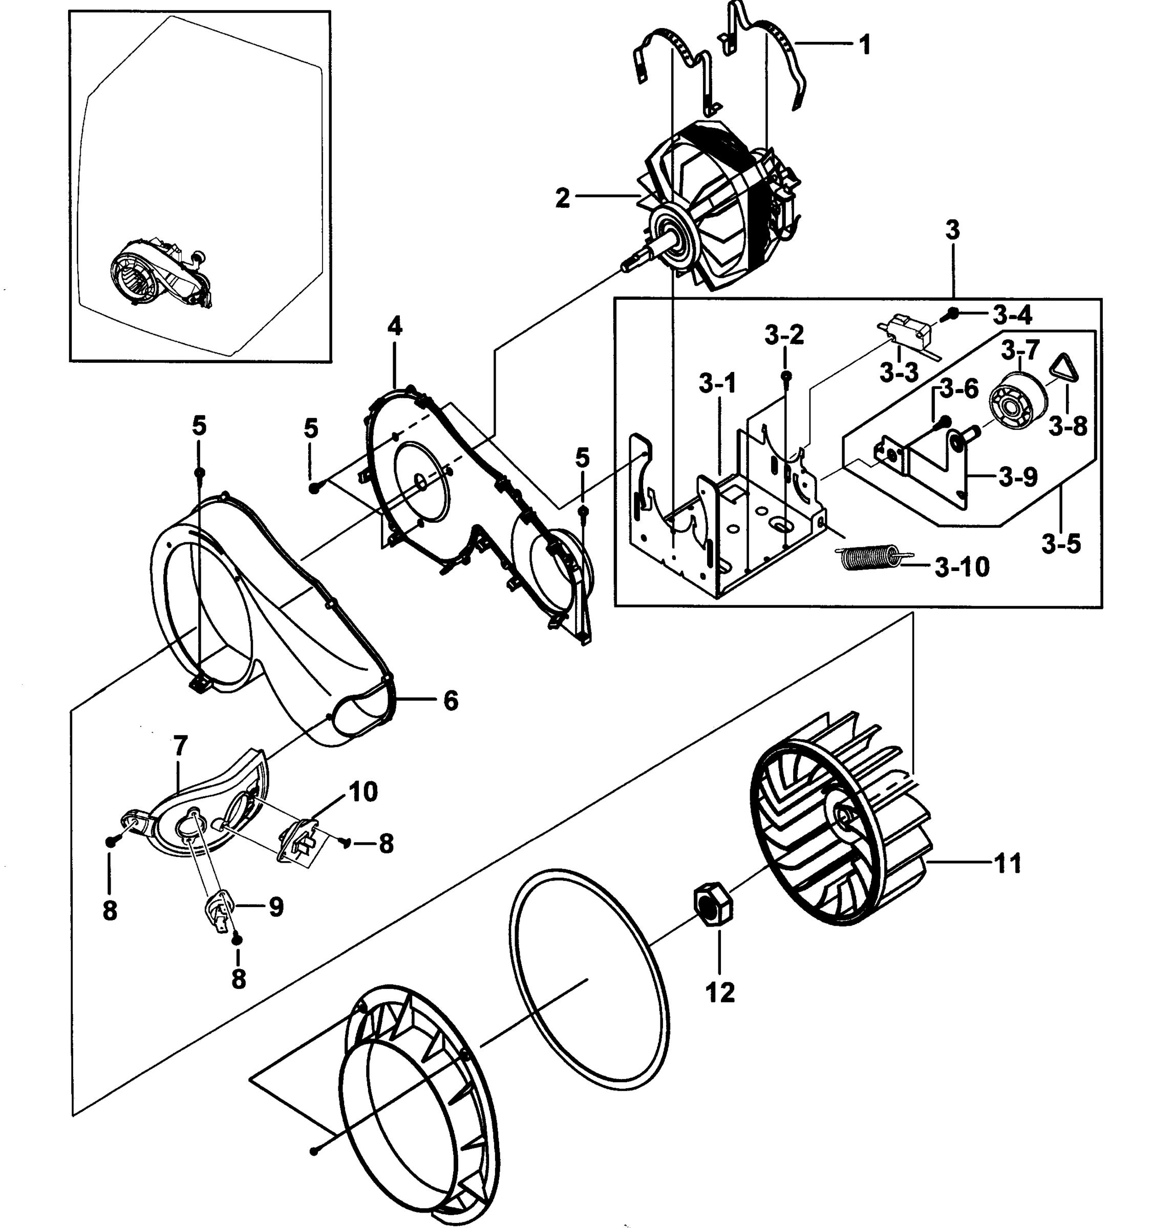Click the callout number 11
tap(1008, 863)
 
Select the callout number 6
tap(451, 700)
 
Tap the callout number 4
tap(394, 325)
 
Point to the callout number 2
tap(562, 199)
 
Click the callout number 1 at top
tap(865, 45)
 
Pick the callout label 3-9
tap(1017, 477)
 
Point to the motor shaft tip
tap(626, 266)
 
